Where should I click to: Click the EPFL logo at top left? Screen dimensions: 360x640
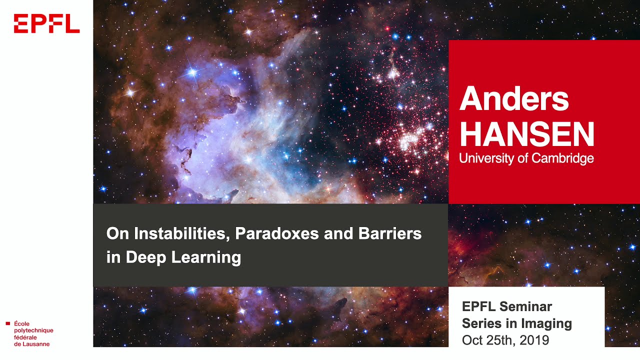[x=46, y=23]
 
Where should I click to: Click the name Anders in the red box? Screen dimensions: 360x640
[x=514, y=99]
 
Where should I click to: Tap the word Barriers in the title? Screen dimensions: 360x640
[x=390, y=233]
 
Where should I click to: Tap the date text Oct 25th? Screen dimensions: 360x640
[x=488, y=340]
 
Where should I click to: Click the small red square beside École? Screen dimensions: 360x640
[x=7, y=323]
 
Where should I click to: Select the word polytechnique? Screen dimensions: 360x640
[x=33, y=330]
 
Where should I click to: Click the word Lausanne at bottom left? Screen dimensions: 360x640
[x=35, y=344]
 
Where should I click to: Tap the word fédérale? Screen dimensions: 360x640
[x=25, y=337]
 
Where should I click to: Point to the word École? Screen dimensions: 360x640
[x=22, y=323]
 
